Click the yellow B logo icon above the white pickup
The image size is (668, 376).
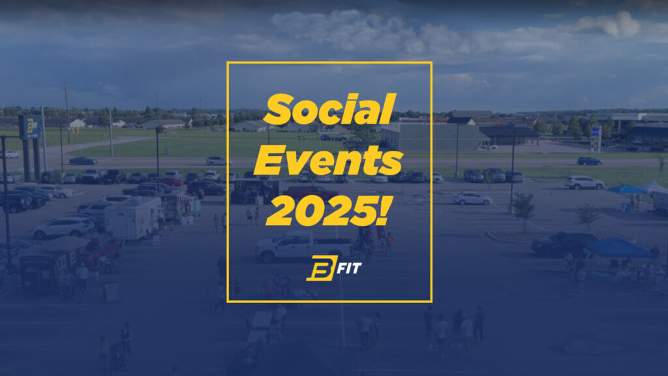(x=316, y=269)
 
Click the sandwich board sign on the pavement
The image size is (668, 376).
(x=112, y=292)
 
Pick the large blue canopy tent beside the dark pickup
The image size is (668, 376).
(x=618, y=248)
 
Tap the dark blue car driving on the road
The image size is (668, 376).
(x=588, y=161)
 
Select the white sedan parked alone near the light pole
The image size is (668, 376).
(x=472, y=198)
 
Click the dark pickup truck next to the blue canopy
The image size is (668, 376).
(x=562, y=243)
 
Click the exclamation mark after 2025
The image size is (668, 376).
(x=386, y=209)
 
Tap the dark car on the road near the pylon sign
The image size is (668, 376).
(x=82, y=161)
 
